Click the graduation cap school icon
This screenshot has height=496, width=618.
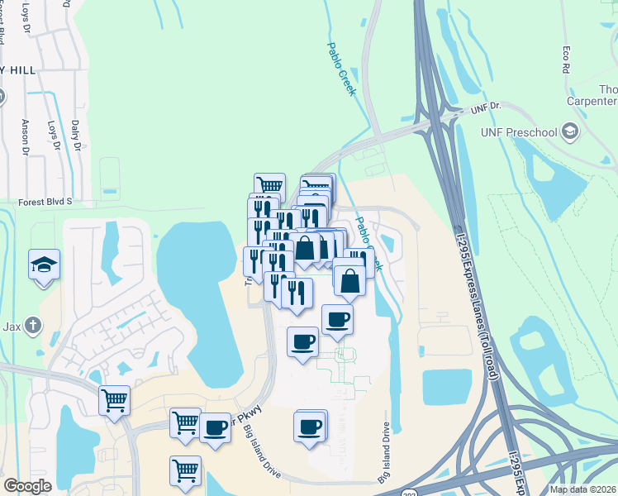click(44, 265)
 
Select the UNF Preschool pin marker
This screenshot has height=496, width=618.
click(569, 131)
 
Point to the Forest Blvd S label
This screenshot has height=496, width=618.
click(45, 201)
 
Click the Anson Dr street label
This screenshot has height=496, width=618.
click(25, 137)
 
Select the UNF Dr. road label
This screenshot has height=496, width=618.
click(486, 107)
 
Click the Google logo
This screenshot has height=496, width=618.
click(27, 486)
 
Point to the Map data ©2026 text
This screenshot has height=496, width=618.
click(582, 489)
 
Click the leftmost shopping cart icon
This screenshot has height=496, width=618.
click(115, 400)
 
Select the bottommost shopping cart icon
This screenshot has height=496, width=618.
click(186, 471)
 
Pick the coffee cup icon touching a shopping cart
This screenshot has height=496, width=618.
click(216, 427)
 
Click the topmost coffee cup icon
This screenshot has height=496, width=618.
click(336, 319)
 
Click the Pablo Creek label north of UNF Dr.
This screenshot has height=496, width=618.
click(341, 69)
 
